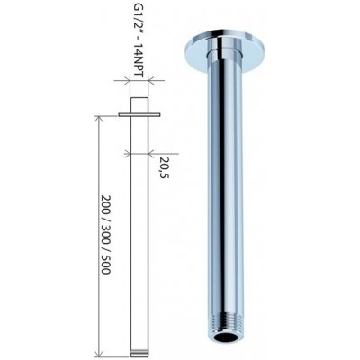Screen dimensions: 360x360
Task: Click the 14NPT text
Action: tap(137, 60)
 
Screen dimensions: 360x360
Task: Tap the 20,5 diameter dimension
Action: tap(165, 167)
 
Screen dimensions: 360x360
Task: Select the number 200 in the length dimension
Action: tap(105, 205)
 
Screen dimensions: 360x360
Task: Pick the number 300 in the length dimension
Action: tap(105, 235)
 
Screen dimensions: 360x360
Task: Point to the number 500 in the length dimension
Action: tap(105, 265)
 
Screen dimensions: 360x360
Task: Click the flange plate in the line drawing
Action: tap(139, 114)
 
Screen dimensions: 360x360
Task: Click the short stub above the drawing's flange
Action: tap(139, 105)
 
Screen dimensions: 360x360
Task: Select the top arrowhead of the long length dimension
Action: tap(97, 119)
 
